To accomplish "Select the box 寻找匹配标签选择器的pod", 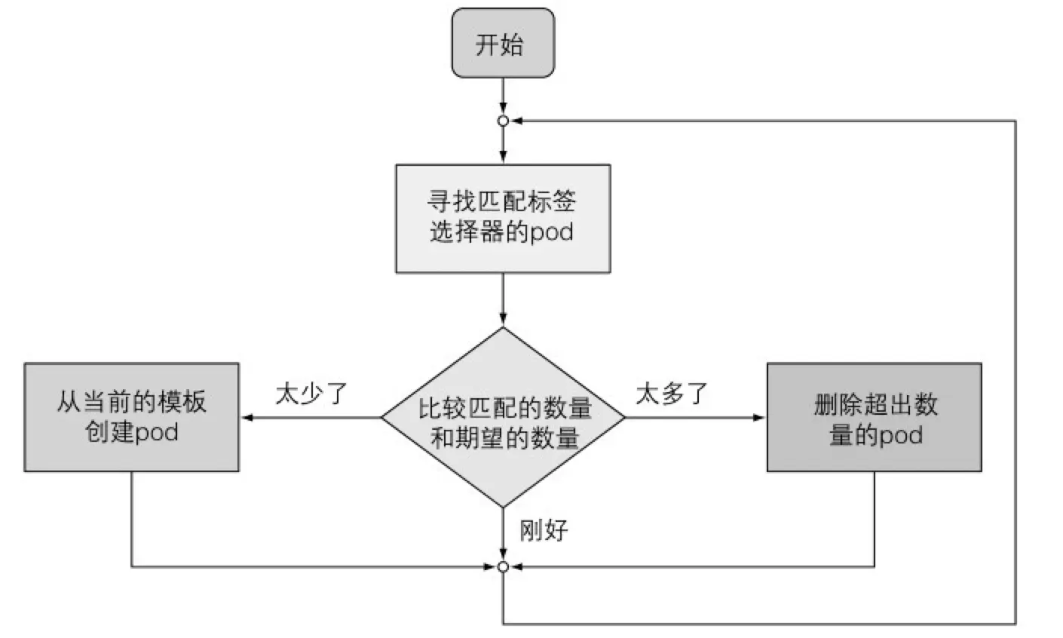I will tap(503, 218).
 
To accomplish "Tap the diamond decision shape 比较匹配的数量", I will tap(503, 417).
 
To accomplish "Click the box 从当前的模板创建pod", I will tap(131, 417).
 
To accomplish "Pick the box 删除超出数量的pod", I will tap(874, 417).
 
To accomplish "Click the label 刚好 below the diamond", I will tap(544, 530).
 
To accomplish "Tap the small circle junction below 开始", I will tap(503, 121).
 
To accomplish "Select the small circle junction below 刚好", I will tap(503, 566).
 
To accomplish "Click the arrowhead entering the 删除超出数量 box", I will tap(760, 417).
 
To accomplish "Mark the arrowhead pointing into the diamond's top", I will tap(503, 321).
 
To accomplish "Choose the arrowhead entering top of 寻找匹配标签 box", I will tap(503, 158).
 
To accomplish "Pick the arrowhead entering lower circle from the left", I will tap(491, 566).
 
